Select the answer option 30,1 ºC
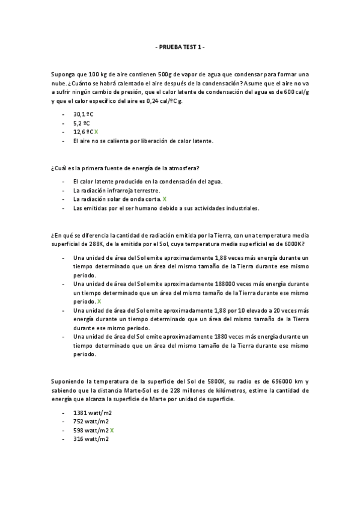84,114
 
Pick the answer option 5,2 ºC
81,123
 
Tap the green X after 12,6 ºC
97,132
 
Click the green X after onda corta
165,199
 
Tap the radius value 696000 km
291,381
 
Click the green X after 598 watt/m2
112,431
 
